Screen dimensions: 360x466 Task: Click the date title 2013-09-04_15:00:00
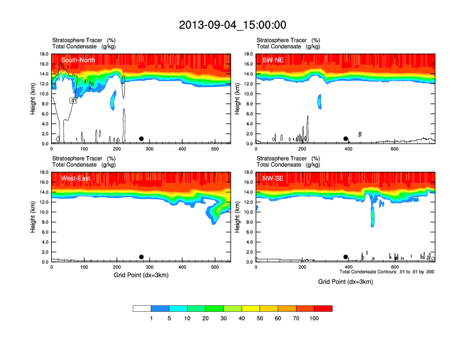coord(232,25)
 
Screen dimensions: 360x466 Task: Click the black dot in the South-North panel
coord(141,139)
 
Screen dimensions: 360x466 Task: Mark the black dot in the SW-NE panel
coord(346,139)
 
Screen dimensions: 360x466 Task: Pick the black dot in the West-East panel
coord(141,257)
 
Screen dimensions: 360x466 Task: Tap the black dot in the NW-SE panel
coord(346,257)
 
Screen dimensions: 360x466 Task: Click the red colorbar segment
coord(323,308)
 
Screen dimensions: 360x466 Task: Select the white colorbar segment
coord(142,308)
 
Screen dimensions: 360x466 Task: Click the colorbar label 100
coord(314,318)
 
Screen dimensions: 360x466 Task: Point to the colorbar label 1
coord(151,318)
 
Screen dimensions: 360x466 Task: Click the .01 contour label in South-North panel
coord(74,101)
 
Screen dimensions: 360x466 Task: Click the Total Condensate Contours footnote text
coord(387,272)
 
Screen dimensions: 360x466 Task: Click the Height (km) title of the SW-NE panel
coord(235,99)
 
